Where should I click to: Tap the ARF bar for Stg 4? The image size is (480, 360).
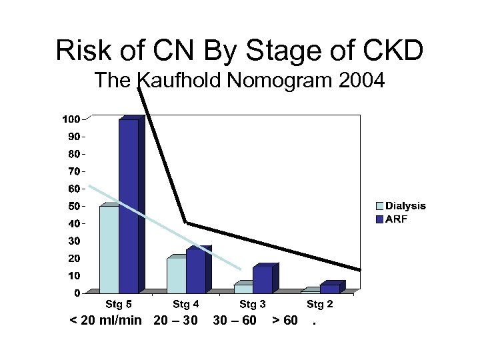(x=195, y=271)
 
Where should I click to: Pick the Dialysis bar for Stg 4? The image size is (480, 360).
(x=177, y=275)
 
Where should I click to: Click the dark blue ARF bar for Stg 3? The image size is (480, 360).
(x=262, y=279)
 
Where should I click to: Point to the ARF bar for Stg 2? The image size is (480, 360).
(x=329, y=288)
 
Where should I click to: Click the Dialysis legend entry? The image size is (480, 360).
(x=401, y=206)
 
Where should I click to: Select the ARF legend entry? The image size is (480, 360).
(x=395, y=219)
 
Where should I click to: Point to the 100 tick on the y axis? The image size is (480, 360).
(x=71, y=119)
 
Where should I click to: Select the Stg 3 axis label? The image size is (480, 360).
(x=253, y=305)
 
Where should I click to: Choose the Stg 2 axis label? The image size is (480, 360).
(x=320, y=305)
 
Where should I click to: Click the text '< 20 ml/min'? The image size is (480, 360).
(x=106, y=321)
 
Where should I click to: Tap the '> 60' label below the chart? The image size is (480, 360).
(x=285, y=321)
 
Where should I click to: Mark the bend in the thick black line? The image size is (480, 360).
(x=186, y=223)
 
